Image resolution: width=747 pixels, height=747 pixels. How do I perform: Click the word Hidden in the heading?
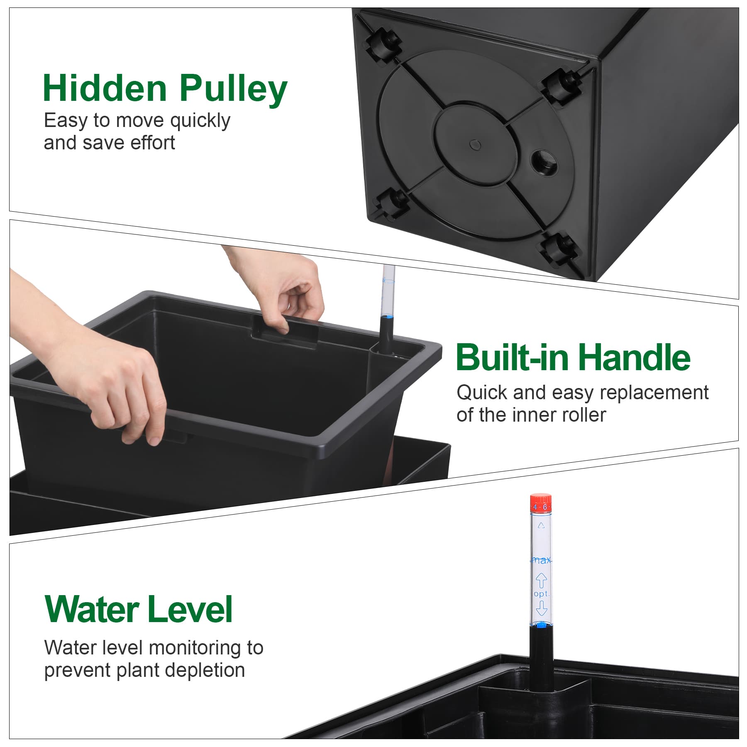click(x=105, y=88)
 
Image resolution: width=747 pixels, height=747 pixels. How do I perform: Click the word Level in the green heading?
click(x=190, y=609)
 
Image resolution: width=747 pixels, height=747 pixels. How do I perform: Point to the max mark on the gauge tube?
click(x=541, y=560)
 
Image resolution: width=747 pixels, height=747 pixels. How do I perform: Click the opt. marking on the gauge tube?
click(x=541, y=594)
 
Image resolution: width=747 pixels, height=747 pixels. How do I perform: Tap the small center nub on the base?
click(x=475, y=144)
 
